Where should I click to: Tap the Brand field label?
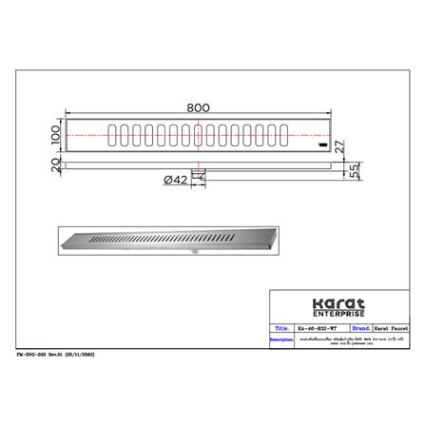coord(361,329)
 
